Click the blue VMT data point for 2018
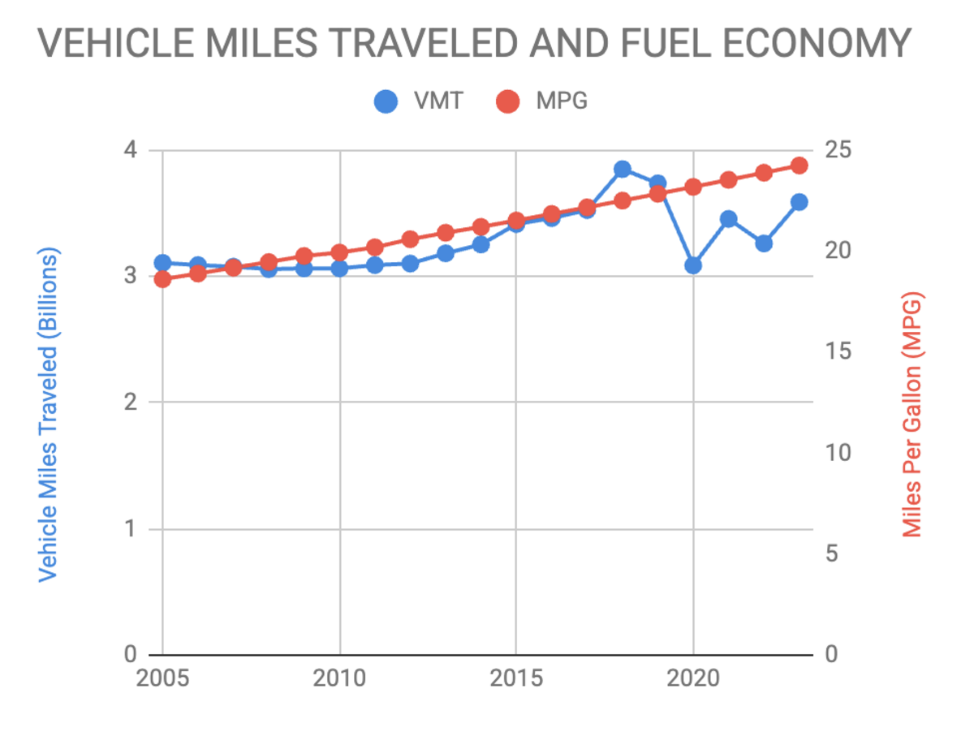click(x=623, y=169)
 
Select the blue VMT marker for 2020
click(x=693, y=265)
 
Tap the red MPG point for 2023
click(x=799, y=166)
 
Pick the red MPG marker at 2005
click(x=162, y=279)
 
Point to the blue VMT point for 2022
click(x=764, y=243)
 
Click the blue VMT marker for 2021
click(x=728, y=219)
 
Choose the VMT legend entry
click(x=419, y=102)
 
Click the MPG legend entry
click(x=541, y=102)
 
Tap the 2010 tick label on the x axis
click(x=339, y=678)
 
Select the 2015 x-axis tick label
click(x=515, y=678)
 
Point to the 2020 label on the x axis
click(x=692, y=678)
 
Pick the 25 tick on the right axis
click(x=841, y=151)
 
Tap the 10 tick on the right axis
click(x=841, y=454)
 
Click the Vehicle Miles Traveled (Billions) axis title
click(x=50, y=414)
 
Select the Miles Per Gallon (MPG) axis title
click(x=913, y=414)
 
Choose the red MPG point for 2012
click(x=410, y=239)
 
